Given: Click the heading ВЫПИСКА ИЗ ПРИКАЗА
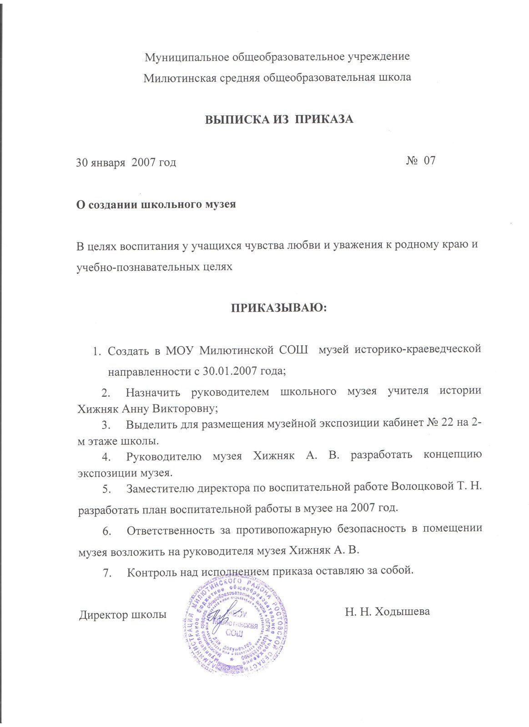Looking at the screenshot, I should [279, 120].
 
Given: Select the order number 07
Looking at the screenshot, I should [429, 160].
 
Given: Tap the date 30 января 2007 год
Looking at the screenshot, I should [126, 162].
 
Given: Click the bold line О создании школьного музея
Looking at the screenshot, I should [156, 204].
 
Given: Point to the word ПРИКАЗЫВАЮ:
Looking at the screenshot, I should [279, 308].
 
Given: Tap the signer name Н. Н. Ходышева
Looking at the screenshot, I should [387, 612].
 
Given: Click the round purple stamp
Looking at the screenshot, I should [236, 626].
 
